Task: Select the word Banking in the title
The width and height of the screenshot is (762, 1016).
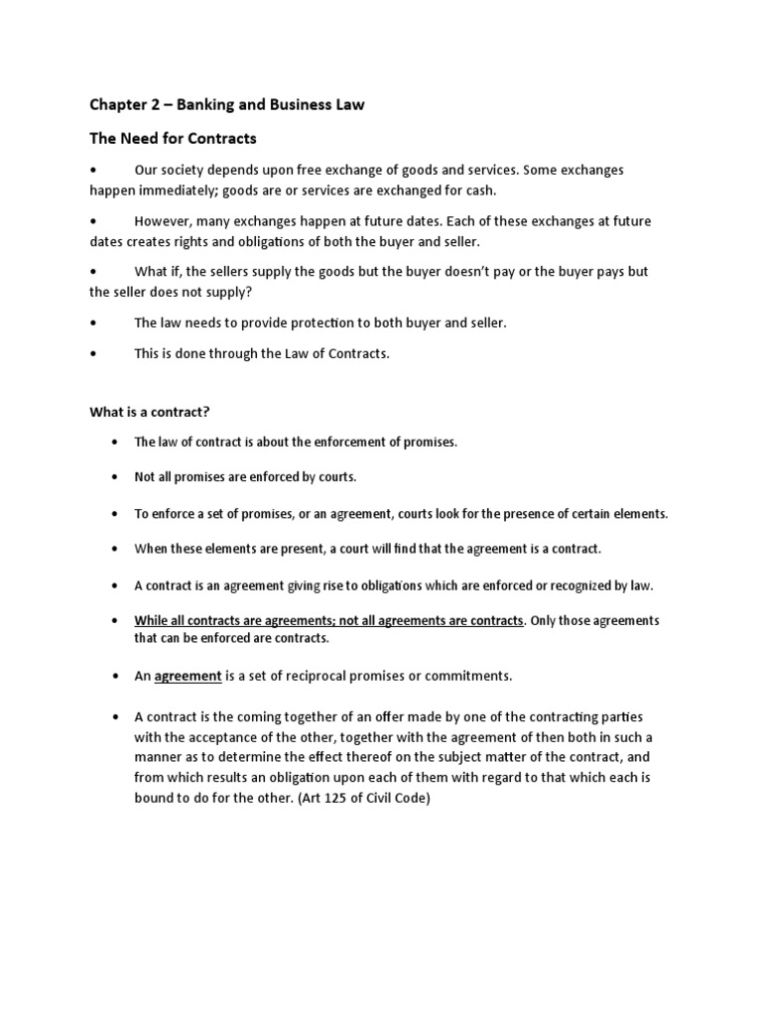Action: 219,104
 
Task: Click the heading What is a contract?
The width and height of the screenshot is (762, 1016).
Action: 150,411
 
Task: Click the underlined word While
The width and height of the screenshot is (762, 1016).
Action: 152,620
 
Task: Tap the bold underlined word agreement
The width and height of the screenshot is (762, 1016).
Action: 189,676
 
